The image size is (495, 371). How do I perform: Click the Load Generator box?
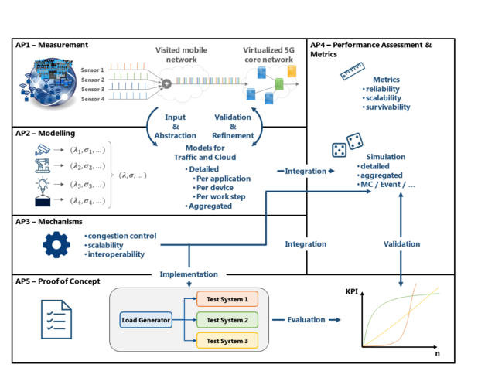(x=144, y=319)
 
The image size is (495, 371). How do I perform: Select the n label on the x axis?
(x=437, y=355)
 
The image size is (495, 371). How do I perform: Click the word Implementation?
(x=189, y=274)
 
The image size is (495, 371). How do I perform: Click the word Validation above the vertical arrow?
(x=401, y=244)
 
